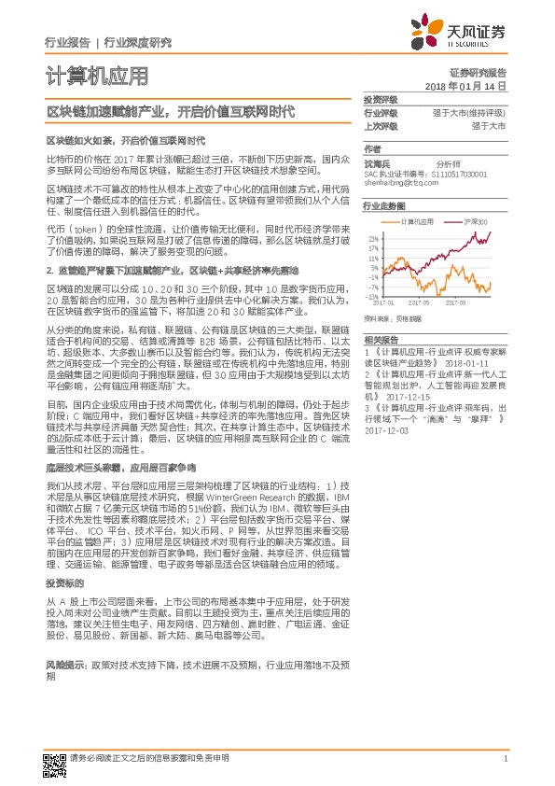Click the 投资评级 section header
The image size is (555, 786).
381,99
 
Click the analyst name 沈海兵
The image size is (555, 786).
377,161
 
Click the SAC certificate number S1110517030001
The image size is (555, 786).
461,174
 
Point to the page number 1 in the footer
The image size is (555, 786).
505,759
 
